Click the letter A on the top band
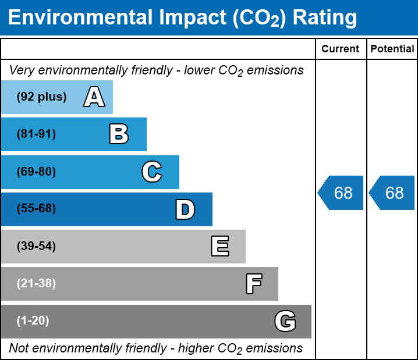(94, 97)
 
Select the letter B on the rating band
(119, 134)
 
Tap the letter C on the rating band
(152, 172)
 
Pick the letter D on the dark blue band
(185, 209)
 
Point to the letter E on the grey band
(219, 247)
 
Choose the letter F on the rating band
(253, 284)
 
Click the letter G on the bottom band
(285, 321)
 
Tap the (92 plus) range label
(41, 97)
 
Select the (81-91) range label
(36, 134)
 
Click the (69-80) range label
(36, 172)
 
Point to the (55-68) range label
(36, 209)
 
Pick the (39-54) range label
(36, 247)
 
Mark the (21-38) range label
(36, 284)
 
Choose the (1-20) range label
(33, 321)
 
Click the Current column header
(341, 49)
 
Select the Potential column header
(392, 49)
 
